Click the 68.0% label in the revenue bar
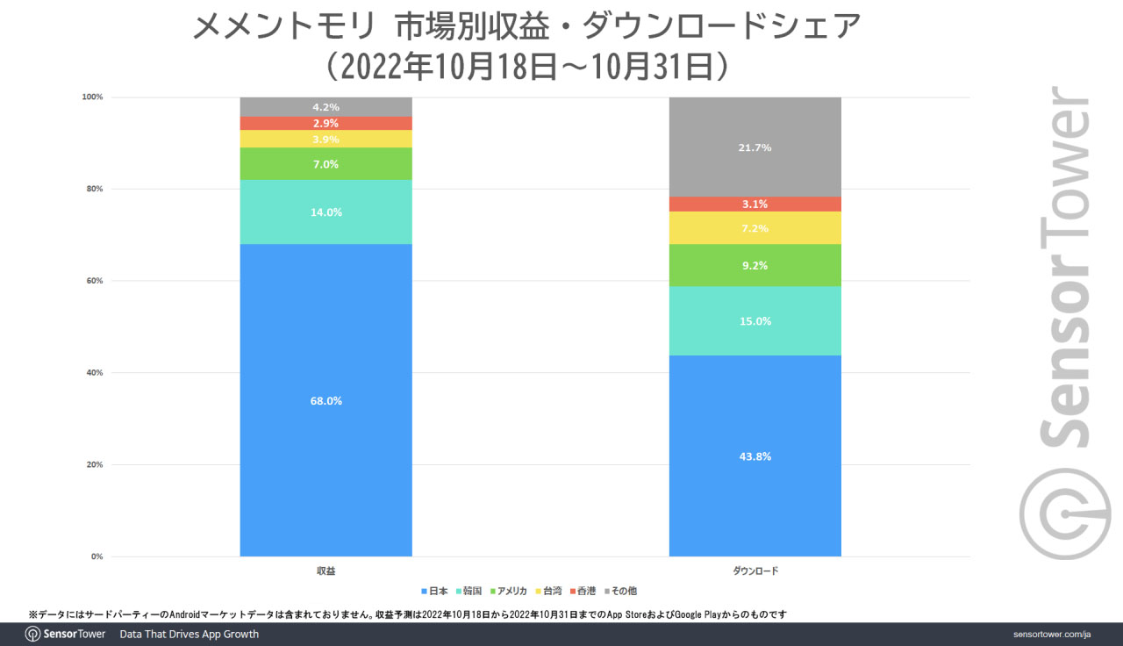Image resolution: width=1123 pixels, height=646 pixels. [x=325, y=401]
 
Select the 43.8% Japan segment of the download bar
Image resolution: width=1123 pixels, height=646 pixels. [x=755, y=456]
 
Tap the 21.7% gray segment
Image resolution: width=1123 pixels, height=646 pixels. [x=755, y=147]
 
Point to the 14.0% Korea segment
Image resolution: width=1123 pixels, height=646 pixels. [x=325, y=212]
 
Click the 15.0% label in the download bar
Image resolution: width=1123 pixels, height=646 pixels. [x=755, y=321]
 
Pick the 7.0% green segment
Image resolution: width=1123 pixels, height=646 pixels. [x=325, y=164]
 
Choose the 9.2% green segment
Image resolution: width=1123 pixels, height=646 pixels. [x=755, y=265]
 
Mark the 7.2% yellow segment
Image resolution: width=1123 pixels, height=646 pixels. [x=755, y=228]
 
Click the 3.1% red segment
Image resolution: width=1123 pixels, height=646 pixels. [x=755, y=204]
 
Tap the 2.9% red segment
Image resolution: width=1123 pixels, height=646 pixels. [x=325, y=123]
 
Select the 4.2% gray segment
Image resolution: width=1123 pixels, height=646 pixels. [x=325, y=107]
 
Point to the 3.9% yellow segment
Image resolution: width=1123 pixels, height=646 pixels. [x=325, y=140]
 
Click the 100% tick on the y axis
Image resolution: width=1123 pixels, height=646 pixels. [x=92, y=97]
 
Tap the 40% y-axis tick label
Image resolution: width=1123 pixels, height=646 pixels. [x=93, y=373]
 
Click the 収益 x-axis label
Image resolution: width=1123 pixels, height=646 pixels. [x=325, y=571]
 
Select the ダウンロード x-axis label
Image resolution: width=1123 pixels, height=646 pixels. [x=755, y=571]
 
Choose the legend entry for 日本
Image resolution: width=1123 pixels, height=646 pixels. [x=435, y=591]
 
